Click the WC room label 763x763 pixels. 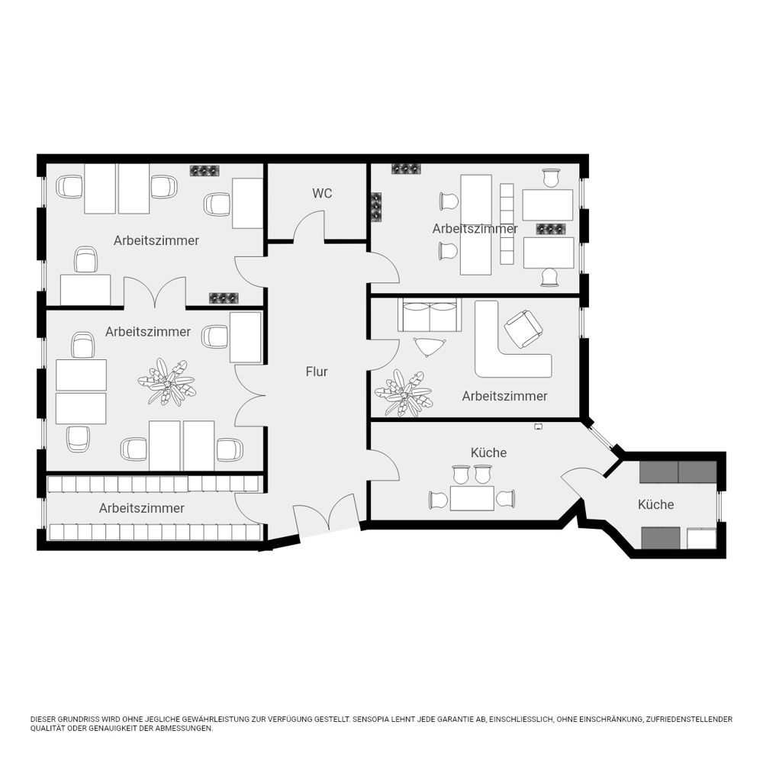pos(322,194)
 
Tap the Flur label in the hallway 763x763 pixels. pos(317,372)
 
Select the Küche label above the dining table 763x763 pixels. pos(488,452)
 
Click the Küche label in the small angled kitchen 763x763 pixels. pos(655,504)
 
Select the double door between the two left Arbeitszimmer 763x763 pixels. pos(155,292)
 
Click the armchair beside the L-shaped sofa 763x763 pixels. pos(523,329)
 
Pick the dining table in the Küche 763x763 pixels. pos(472,498)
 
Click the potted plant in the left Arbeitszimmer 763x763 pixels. pos(166,382)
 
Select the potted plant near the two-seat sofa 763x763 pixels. pos(403,393)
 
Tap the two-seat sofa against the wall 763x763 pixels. pos(429,315)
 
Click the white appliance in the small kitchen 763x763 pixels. pos(701,539)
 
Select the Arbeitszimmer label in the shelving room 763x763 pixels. pos(142,508)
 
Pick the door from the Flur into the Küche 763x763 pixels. pos(385,465)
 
